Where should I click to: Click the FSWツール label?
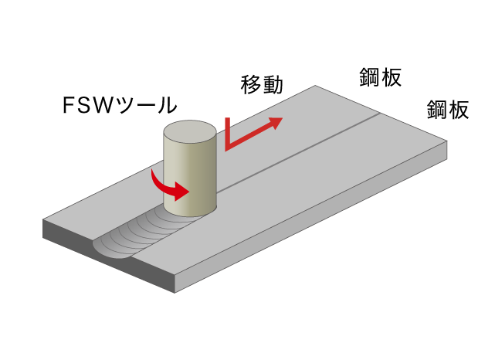120,105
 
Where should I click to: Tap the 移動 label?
262,84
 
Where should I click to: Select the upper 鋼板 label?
381,76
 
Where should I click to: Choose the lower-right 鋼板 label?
448,109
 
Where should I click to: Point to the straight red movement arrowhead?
275,122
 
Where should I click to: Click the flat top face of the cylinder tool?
190,131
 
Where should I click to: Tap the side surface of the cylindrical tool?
190,177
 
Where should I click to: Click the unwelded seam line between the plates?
298,152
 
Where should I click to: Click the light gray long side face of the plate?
311,217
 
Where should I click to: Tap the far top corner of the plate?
315,86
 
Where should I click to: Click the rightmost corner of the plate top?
447,141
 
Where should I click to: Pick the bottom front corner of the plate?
175,293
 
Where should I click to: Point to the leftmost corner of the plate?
43,220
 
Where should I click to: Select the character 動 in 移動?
273,84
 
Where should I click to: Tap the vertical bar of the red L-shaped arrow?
227,134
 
